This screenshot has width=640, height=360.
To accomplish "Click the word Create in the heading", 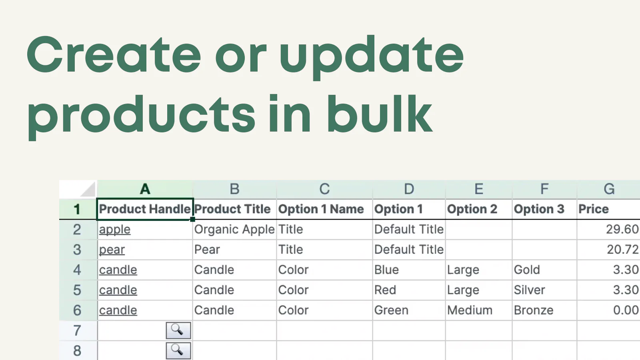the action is [x=114, y=54].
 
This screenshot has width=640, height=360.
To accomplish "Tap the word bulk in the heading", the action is [x=380, y=114].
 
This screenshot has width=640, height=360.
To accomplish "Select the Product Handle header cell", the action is [x=145, y=209].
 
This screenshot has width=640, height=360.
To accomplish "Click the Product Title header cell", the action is [x=234, y=209].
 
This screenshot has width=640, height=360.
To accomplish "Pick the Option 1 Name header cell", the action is [x=324, y=209].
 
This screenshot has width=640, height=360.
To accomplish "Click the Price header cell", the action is [x=608, y=209].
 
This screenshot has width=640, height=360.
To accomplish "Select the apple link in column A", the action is [x=115, y=230].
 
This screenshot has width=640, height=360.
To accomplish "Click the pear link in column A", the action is [x=112, y=250].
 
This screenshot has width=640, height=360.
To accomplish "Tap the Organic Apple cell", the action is [x=234, y=230].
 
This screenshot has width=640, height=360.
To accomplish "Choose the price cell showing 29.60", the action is [x=608, y=230].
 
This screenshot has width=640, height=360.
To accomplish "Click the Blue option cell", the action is [x=409, y=270].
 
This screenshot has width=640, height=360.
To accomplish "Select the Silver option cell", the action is [x=544, y=290].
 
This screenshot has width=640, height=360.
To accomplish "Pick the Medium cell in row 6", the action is [x=479, y=310].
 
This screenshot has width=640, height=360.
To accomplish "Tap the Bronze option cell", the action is [x=544, y=310].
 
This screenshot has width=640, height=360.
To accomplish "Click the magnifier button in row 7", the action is [x=178, y=330].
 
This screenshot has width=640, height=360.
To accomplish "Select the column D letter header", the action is [x=409, y=189].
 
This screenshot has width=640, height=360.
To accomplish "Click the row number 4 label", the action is [x=77, y=270].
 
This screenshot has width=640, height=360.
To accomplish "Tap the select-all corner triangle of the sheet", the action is [x=88, y=190].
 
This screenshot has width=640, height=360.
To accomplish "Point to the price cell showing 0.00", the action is [x=608, y=310].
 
